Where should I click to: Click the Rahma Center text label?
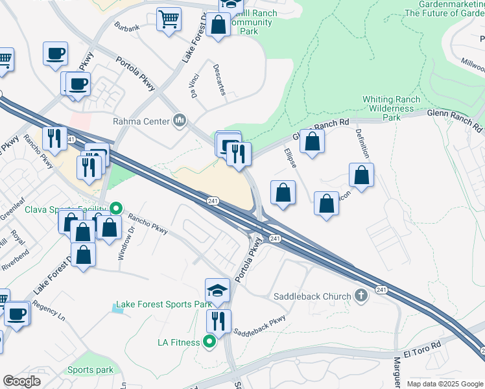[x=141, y=121]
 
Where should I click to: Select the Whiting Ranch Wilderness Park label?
[x=391, y=108]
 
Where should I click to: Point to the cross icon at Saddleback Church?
[x=362, y=296]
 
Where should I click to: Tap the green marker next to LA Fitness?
[x=209, y=341]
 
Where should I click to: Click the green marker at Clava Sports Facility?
[x=116, y=208]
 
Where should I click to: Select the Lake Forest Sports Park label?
[x=163, y=305]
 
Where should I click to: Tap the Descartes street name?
[x=219, y=78]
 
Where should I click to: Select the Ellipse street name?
[x=290, y=159]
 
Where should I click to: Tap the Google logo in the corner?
[x=21, y=381]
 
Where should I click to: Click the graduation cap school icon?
[x=217, y=290]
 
